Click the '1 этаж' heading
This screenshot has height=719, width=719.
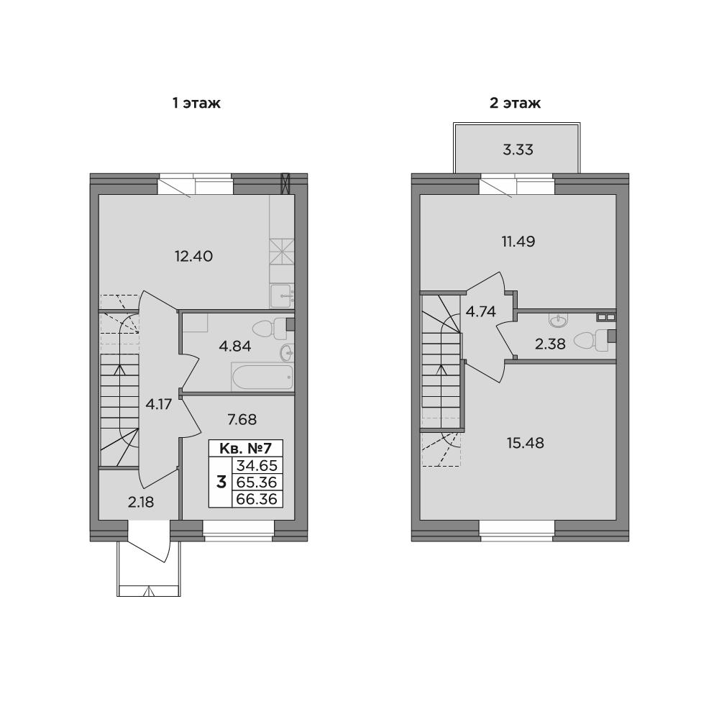[196, 103]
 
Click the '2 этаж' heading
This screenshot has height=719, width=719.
[515, 103]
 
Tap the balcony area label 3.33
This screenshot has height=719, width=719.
[518, 150]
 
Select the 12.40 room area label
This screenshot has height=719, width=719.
[193, 256]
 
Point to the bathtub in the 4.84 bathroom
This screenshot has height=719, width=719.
[262, 377]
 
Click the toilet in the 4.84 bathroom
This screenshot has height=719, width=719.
[269, 329]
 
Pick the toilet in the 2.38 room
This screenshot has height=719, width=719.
[591, 341]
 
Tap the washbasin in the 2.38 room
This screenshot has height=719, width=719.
[558, 321]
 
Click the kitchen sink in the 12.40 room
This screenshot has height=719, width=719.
[281, 296]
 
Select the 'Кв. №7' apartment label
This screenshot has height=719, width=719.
[246, 448]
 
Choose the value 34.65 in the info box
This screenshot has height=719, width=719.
[257, 465]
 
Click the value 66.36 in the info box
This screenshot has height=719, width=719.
[257, 499]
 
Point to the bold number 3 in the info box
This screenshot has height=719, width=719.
[221, 482]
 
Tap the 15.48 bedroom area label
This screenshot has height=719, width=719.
[525, 443]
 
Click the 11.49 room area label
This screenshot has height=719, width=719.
[518, 241]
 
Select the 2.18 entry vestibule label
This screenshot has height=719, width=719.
[141, 502]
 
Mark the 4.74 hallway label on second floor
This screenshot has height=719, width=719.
[480, 312]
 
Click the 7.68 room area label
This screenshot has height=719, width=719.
[242, 419]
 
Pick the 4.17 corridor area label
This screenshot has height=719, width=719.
[158, 404]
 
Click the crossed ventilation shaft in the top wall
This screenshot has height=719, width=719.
[285, 183]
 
